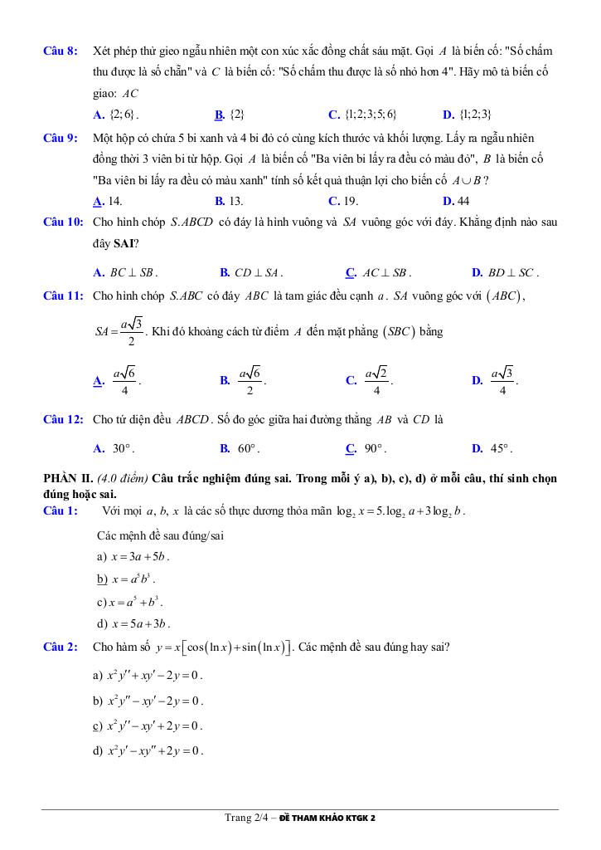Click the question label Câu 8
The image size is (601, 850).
61,51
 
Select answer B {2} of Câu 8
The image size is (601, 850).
229,115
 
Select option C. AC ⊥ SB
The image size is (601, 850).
378,272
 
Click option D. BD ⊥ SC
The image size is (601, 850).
505,272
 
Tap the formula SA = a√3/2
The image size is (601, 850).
119,332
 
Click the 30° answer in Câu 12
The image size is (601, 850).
114,449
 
